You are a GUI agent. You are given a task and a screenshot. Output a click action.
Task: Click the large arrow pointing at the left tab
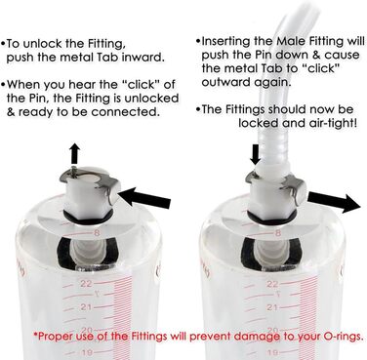(144, 197)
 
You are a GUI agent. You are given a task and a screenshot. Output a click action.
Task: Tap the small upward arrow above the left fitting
(75, 153)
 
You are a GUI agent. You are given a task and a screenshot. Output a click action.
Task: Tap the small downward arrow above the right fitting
(255, 154)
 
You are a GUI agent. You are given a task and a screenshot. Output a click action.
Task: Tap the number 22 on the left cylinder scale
(86, 284)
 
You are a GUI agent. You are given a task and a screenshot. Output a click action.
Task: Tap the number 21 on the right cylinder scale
(272, 307)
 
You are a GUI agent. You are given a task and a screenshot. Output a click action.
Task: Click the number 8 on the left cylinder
(97, 233)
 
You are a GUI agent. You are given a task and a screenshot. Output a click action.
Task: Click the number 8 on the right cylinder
(277, 233)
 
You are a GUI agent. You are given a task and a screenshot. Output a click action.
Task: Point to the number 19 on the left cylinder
(88, 353)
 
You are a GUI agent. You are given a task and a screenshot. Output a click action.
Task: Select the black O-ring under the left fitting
(88, 217)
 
